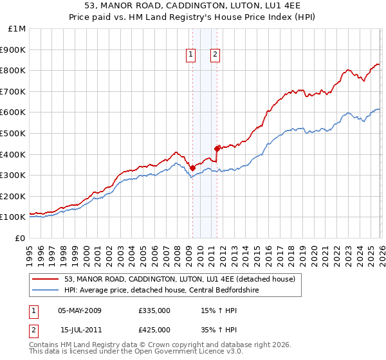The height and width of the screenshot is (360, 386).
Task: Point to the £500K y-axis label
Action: point(14,133)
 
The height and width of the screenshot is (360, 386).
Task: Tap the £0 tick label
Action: point(21,238)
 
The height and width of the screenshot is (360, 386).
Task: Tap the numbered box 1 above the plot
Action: point(192,55)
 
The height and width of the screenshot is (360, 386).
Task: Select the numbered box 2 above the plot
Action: point(214,55)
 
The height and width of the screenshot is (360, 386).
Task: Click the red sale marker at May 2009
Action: point(192,168)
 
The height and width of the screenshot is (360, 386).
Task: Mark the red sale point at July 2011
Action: point(217,148)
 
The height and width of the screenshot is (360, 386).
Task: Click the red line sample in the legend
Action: point(46,279)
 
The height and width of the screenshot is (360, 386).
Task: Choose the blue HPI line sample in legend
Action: point(46,290)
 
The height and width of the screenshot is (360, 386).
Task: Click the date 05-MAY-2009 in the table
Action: point(80,310)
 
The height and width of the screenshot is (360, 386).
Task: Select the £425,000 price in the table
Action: point(154,330)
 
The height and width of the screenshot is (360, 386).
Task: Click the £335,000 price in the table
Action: point(154,310)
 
